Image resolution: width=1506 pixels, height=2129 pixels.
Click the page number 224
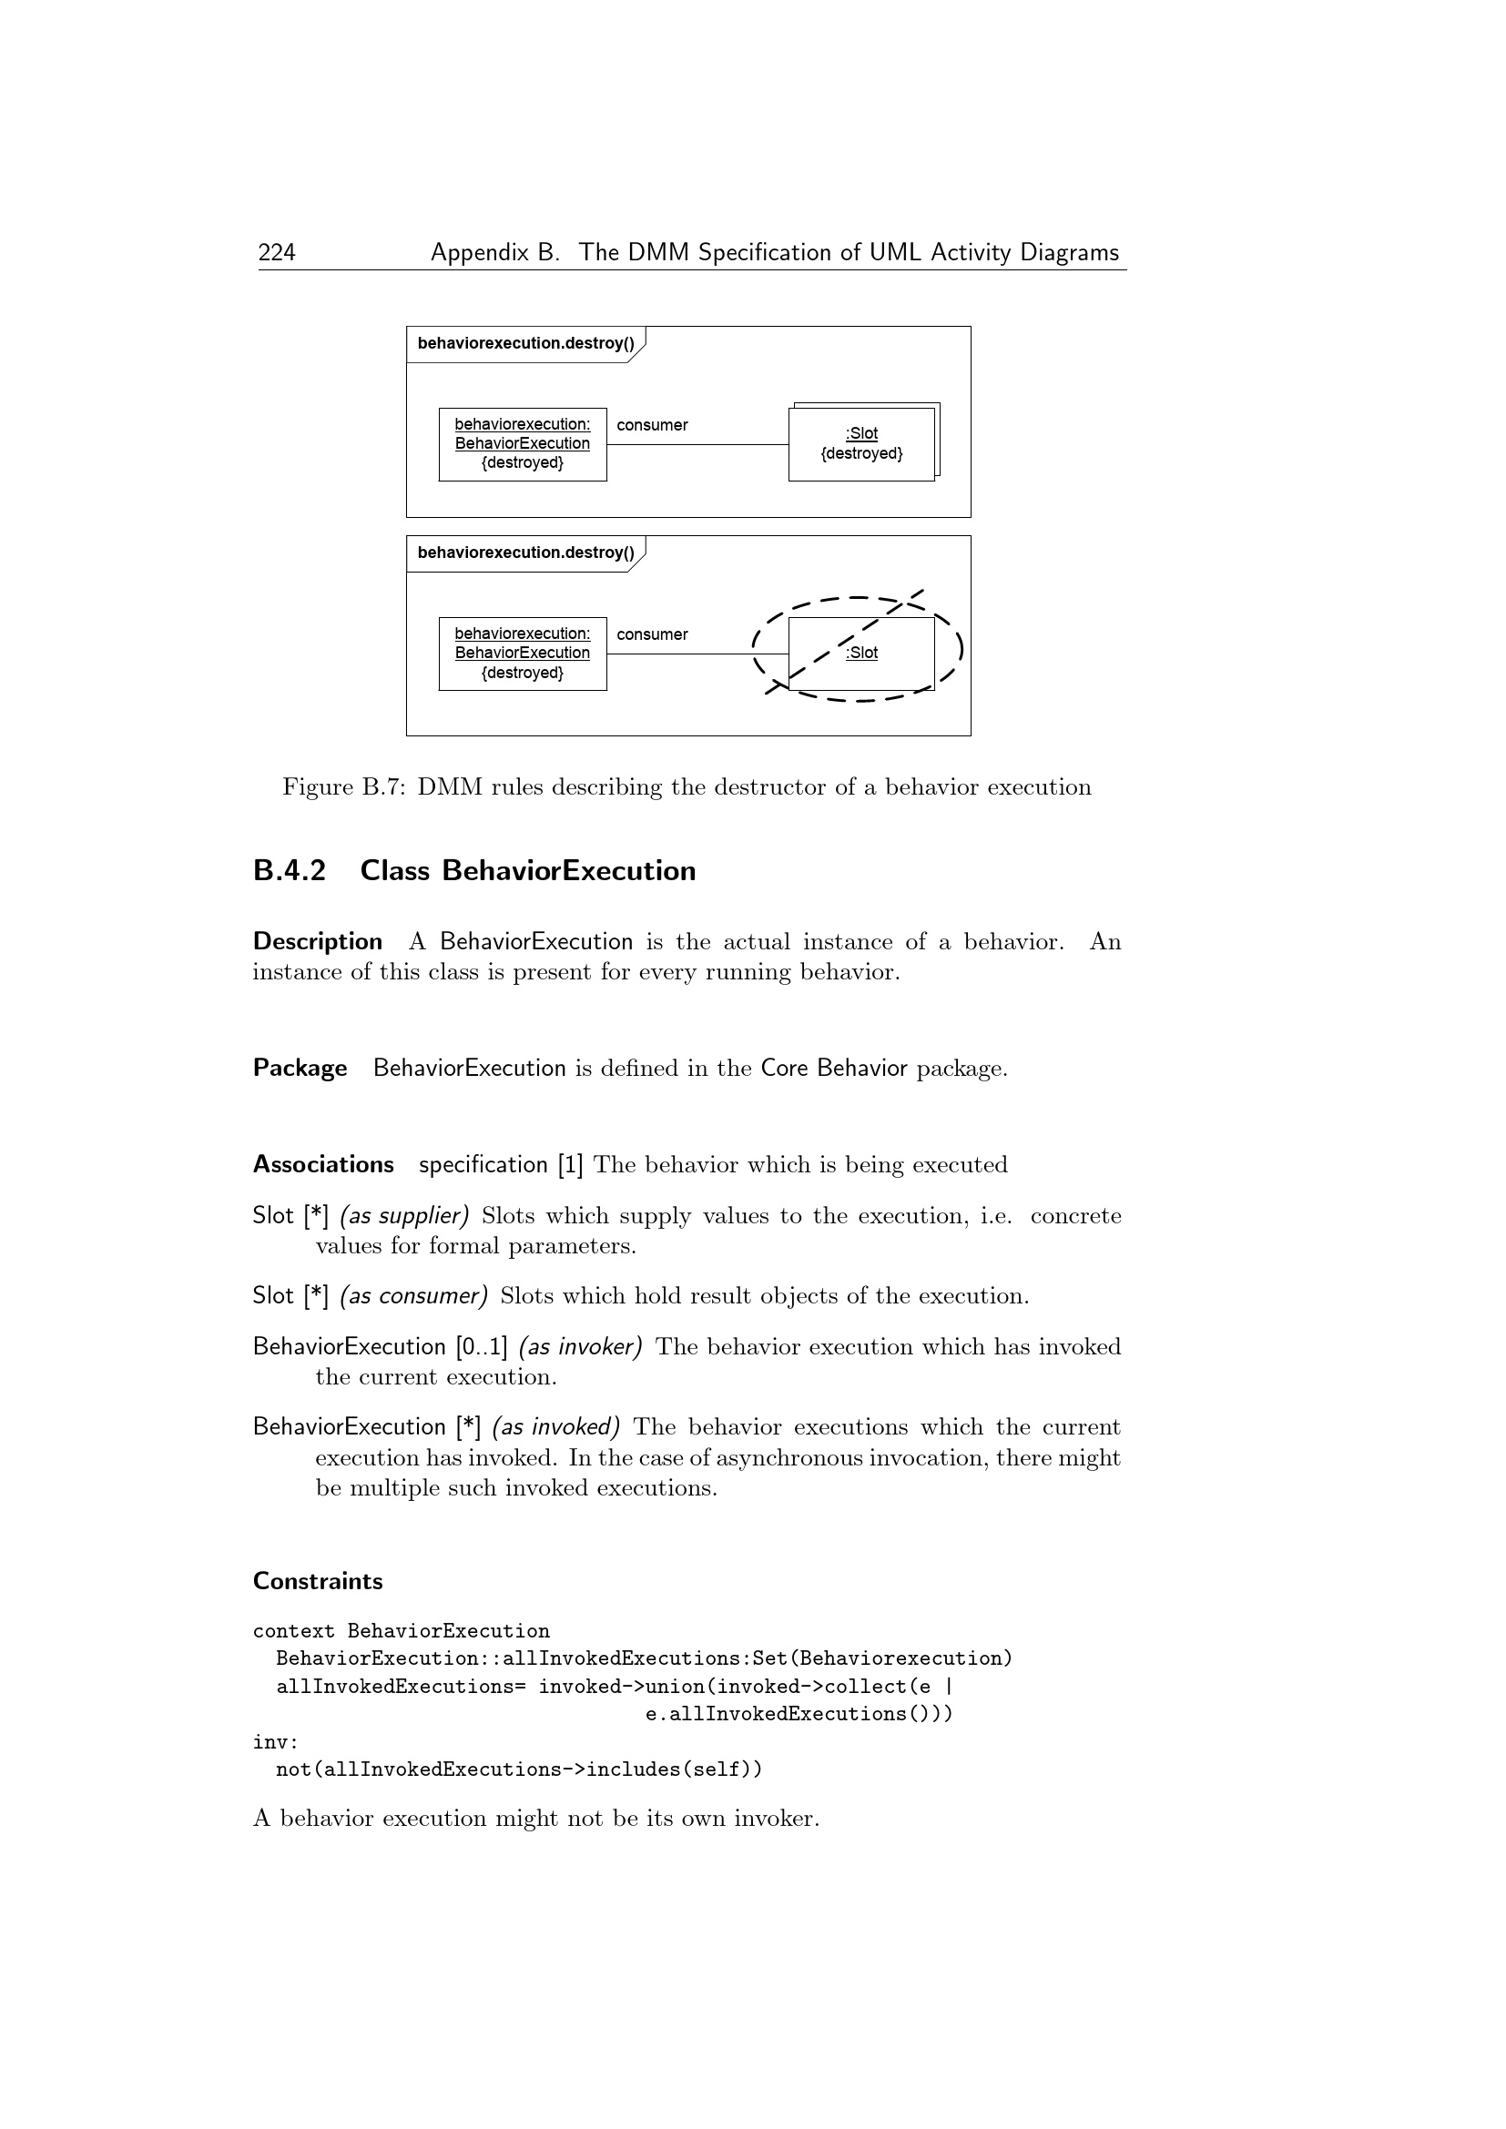[277, 252]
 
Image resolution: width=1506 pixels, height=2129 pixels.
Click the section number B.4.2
[290, 871]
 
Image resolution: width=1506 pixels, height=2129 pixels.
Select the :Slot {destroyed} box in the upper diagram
[860, 444]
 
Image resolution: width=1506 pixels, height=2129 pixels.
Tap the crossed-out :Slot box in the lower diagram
[860, 653]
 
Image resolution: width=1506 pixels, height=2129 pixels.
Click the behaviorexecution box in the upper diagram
[522, 444]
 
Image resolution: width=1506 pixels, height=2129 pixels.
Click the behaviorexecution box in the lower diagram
[522, 653]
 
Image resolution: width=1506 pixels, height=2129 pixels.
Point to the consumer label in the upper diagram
[652, 426]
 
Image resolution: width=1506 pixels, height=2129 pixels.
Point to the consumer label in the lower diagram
[652, 634]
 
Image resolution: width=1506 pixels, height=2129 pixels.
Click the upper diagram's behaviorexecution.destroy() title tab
[524, 344]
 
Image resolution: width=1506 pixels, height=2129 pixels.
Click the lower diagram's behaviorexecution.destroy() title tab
[524, 553]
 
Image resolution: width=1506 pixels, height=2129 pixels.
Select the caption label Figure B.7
[343, 787]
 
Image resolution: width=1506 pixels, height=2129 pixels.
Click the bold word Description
[317, 941]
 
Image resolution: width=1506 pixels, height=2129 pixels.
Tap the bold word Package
[300, 1068]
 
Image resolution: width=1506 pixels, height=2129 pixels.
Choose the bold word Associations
[322, 1164]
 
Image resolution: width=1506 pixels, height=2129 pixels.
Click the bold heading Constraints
[317, 1581]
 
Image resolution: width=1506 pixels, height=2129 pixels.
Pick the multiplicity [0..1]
[482, 1346]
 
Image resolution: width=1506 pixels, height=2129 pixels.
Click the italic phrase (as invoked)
[555, 1426]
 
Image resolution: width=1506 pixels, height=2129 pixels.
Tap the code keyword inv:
[275, 1741]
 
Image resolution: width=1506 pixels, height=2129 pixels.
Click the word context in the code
[293, 1631]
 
